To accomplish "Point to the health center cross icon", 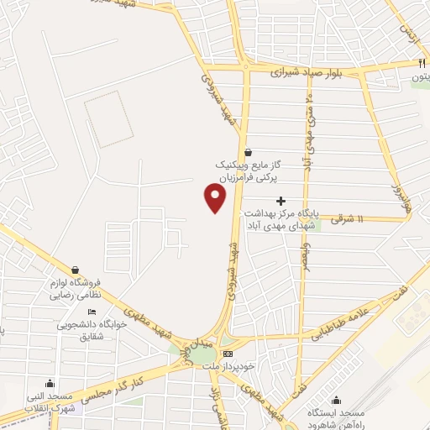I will (281, 200).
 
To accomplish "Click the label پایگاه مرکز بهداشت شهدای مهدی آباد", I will (281, 219).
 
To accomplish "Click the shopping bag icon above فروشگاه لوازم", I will (76, 270).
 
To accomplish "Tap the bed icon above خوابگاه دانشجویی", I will (92, 312).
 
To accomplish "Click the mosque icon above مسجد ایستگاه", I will (336, 400).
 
